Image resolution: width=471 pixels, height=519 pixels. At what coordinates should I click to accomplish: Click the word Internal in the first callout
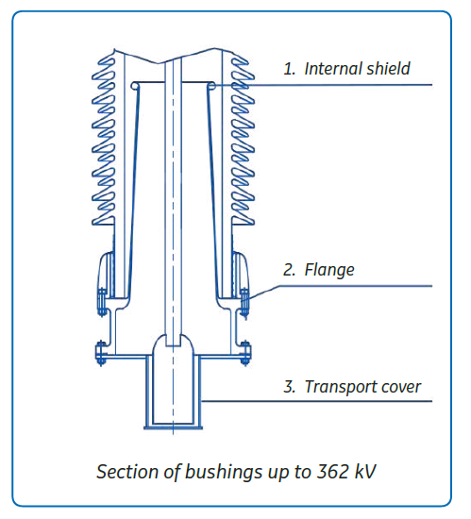(x=332, y=69)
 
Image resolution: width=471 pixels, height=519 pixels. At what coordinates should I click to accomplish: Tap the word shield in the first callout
(x=388, y=69)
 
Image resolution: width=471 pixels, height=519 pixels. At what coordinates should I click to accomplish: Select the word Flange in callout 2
(x=329, y=271)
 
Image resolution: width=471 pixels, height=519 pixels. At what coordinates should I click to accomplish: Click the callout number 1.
(x=289, y=69)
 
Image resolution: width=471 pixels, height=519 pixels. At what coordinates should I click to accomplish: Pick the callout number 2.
(x=289, y=270)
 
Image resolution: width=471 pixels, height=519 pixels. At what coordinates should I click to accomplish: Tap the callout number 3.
(x=289, y=387)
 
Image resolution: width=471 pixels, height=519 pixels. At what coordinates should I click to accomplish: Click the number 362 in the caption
(x=332, y=471)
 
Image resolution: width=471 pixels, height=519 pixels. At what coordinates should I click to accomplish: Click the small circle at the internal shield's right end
(x=211, y=87)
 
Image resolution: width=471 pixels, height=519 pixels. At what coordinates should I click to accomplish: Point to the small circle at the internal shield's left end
(x=135, y=86)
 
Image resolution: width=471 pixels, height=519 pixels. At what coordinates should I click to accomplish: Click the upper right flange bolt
(x=244, y=303)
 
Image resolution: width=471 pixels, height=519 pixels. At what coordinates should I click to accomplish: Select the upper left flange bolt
(x=102, y=303)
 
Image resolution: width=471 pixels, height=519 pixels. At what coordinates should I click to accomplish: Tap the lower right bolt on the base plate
(x=244, y=353)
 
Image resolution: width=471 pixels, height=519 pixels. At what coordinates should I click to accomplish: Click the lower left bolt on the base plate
(x=101, y=353)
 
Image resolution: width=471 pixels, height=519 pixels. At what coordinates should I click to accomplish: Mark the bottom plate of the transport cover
(x=173, y=427)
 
